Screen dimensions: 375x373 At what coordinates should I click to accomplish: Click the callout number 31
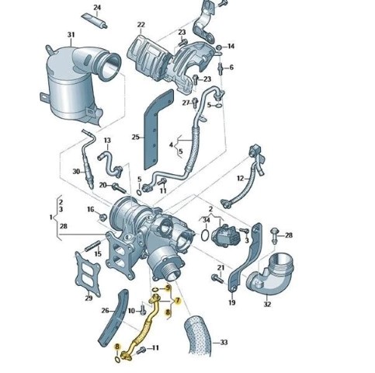coord(71,34)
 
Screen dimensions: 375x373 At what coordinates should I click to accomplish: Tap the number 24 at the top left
coord(97,8)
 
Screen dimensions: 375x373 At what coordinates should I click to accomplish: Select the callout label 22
coord(141,25)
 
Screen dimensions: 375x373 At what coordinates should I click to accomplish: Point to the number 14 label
coord(231,46)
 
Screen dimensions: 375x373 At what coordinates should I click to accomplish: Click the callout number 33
coord(224,342)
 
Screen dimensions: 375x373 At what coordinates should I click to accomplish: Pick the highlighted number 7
coord(178,301)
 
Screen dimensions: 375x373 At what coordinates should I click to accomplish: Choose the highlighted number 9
coord(168,288)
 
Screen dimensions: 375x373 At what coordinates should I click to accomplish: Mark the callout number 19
coord(231,302)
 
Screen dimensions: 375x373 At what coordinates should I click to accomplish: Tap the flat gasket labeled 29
coord(88,274)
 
